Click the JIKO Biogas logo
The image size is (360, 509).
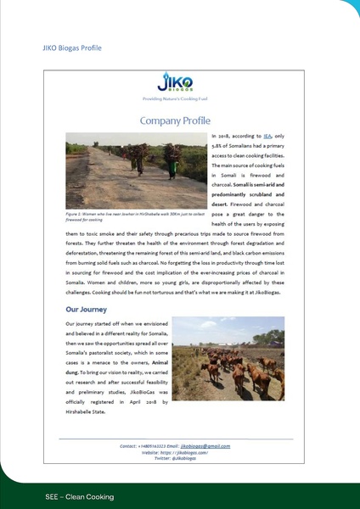tap(175, 83)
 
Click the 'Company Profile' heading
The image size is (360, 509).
tap(175, 121)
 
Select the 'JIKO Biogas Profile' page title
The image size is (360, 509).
tap(71, 48)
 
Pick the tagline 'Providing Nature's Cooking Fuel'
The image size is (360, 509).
tap(175, 98)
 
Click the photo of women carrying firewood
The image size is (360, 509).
tap(135, 171)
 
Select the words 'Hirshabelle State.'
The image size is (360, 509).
tap(85, 412)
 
